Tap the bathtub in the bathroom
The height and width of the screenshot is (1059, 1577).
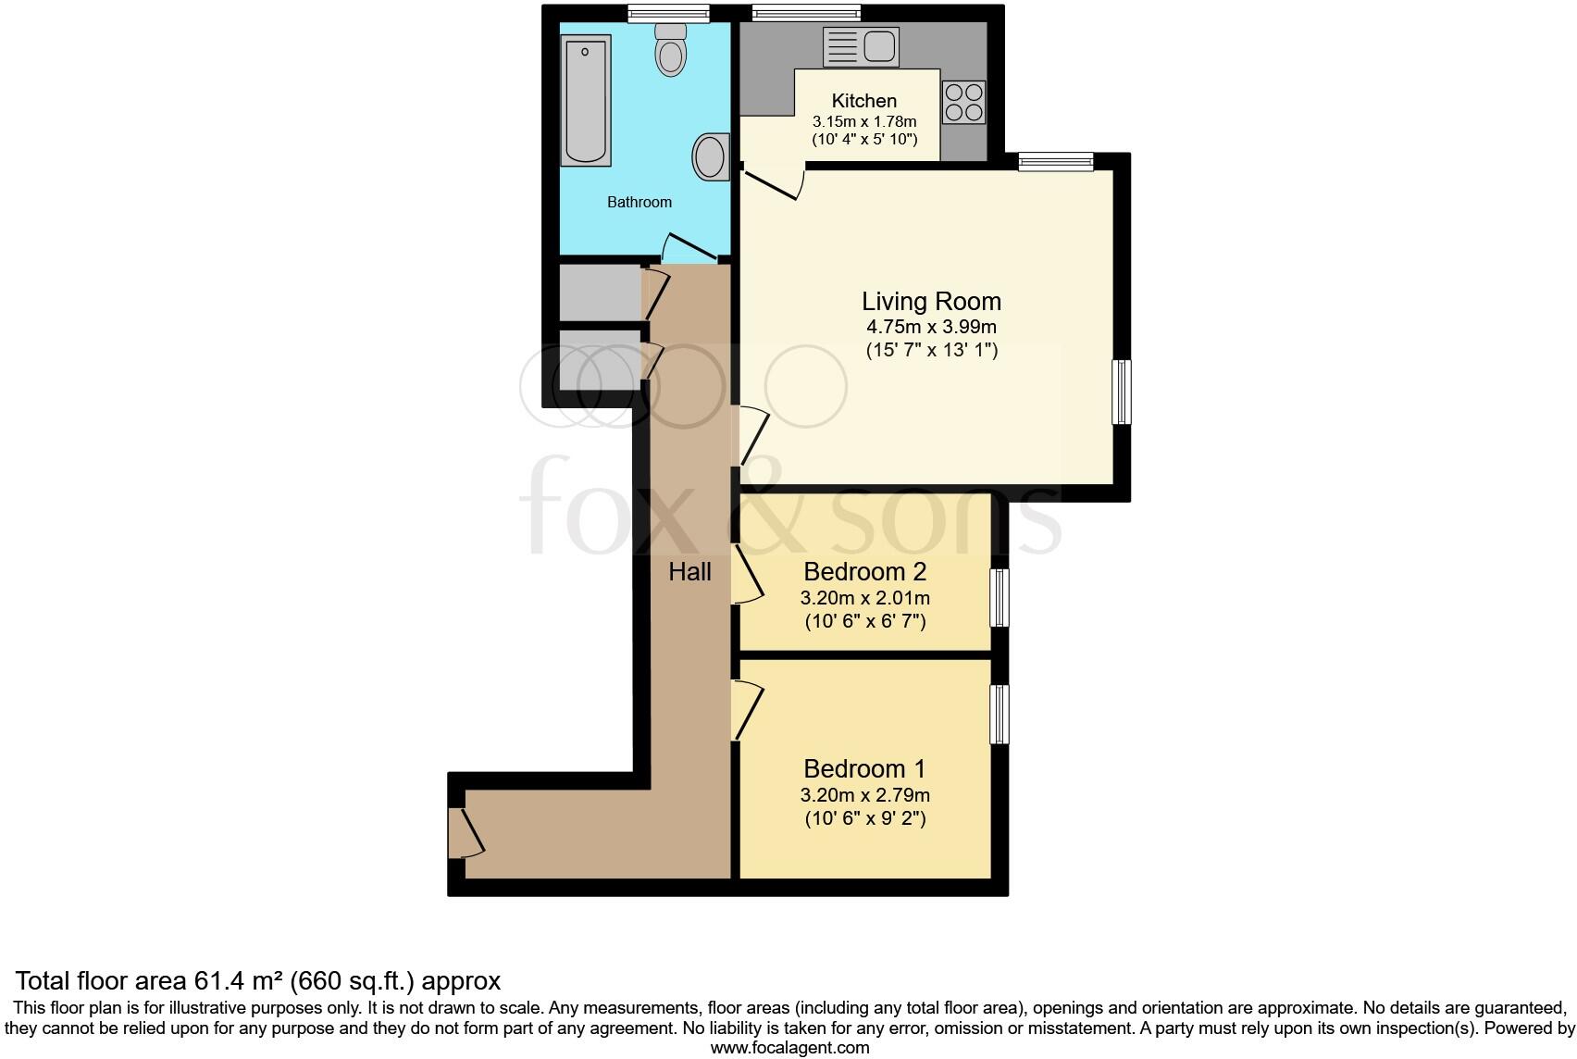[585, 100]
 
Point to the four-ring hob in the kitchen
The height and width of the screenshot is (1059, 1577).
[963, 103]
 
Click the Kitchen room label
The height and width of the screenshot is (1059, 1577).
[863, 101]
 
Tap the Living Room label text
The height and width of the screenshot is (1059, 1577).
[931, 302]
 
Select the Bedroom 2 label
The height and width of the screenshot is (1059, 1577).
[864, 571]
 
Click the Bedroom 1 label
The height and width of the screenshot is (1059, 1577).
[864, 768]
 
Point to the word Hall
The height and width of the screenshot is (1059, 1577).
[689, 572]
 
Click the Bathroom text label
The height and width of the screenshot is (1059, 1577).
[639, 202]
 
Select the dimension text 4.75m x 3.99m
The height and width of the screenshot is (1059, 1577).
[931, 327]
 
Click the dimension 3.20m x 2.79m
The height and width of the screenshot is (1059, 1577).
[864, 795]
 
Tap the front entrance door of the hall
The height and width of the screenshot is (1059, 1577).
[464, 832]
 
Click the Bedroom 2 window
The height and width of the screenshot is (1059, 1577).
[1000, 598]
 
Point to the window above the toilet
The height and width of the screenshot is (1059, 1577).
[667, 13]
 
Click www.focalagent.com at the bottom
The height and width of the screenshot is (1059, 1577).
[789, 1048]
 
